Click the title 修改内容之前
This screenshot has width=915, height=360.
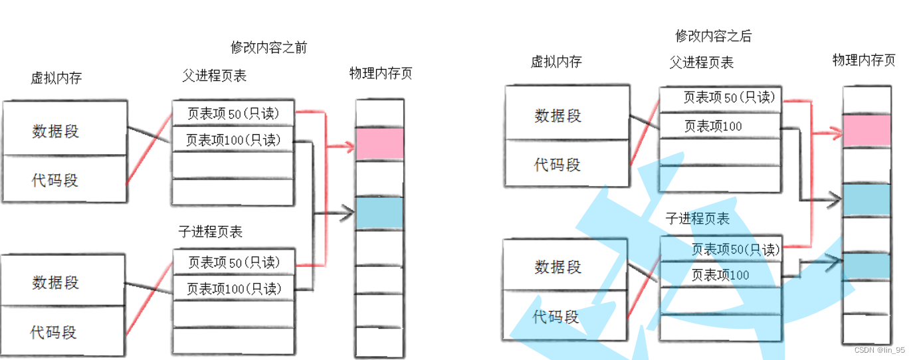click(268, 48)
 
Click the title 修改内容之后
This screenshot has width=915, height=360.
click(713, 36)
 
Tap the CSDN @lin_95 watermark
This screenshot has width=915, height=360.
click(878, 350)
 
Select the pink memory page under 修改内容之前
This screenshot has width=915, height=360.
click(379, 143)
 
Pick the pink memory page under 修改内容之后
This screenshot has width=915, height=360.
click(866, 130)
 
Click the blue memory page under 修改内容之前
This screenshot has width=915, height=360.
click(379, 213)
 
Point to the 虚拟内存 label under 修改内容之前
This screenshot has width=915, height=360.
click(56, 78)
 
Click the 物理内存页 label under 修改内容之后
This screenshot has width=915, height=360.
click(864, 60)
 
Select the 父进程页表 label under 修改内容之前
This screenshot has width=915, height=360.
click(214, 76)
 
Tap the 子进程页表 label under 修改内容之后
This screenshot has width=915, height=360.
click(698, 219)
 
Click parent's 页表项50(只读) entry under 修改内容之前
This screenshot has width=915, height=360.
click(233, 114)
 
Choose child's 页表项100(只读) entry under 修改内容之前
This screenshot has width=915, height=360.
click(233, 289)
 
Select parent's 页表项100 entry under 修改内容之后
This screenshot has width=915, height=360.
click(713, 126)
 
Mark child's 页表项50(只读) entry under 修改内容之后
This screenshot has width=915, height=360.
click(735, 250)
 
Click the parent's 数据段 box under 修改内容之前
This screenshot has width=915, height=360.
click(64, 130)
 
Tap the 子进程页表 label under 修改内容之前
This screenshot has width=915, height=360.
click(210, 232)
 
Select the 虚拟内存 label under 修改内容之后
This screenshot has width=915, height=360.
click(556, 62)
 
